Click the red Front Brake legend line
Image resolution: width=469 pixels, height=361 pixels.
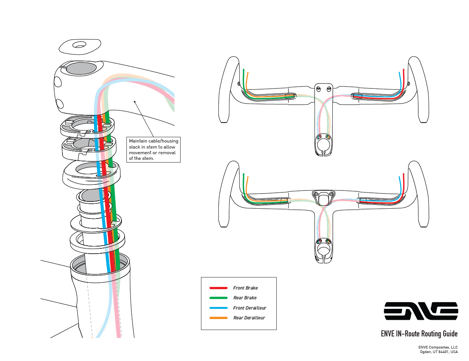point(218,288)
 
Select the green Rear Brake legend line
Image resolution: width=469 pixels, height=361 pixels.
point(218,298)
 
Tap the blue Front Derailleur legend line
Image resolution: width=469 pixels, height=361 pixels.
point(218,308)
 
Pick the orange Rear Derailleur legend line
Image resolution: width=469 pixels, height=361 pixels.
point(218,318)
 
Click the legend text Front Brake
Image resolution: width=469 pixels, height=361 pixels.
point(245,288)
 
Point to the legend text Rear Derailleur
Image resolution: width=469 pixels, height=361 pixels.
point(249,318)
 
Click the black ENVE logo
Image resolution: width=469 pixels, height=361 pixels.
point(421,311)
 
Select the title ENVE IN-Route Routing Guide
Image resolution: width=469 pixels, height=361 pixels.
point(419,334)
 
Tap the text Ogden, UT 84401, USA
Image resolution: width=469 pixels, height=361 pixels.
point(439,352)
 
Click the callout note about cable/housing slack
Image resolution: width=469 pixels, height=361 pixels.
point(153,150)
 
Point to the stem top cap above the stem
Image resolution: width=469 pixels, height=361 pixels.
point(80,46)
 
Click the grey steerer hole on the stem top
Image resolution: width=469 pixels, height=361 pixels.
point(81,68)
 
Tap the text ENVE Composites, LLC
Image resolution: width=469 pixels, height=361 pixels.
point(438,347)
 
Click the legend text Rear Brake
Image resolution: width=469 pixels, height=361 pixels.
point(245,298)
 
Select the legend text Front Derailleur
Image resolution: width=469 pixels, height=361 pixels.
point(249,308)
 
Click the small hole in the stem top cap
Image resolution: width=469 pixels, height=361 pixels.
point(79,45)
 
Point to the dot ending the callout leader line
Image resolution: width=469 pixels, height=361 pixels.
point(135,101)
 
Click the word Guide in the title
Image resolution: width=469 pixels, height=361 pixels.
point(450,334)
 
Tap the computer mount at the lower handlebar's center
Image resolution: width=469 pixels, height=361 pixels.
point(323,198)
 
